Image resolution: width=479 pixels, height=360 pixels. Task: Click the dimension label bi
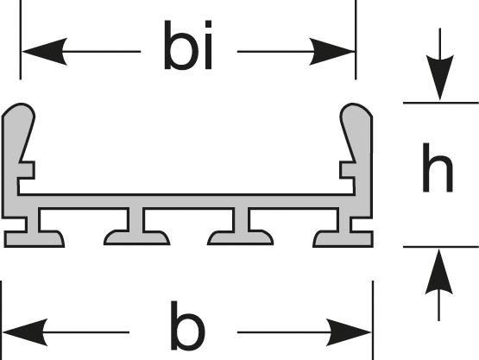188,45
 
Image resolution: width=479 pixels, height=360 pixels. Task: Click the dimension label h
438,167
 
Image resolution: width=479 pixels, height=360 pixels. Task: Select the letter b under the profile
188,325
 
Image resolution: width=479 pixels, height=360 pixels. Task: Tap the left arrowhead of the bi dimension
45,52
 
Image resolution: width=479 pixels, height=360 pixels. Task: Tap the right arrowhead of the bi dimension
332,52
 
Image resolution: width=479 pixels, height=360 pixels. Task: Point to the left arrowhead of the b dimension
25,332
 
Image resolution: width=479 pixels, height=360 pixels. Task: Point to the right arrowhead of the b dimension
349,332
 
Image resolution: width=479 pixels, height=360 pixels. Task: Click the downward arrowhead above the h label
440,78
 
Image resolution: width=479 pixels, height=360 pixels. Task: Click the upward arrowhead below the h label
439,272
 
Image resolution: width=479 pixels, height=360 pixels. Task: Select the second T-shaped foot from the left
136,227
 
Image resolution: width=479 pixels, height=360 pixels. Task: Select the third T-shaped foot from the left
241,227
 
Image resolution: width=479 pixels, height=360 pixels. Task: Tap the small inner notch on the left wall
27,170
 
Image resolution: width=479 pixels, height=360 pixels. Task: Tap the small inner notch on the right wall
348,170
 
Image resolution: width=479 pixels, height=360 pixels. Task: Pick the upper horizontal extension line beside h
441,103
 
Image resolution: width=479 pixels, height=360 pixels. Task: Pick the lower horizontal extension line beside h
441,247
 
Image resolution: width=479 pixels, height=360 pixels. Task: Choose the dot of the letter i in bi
208,24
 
